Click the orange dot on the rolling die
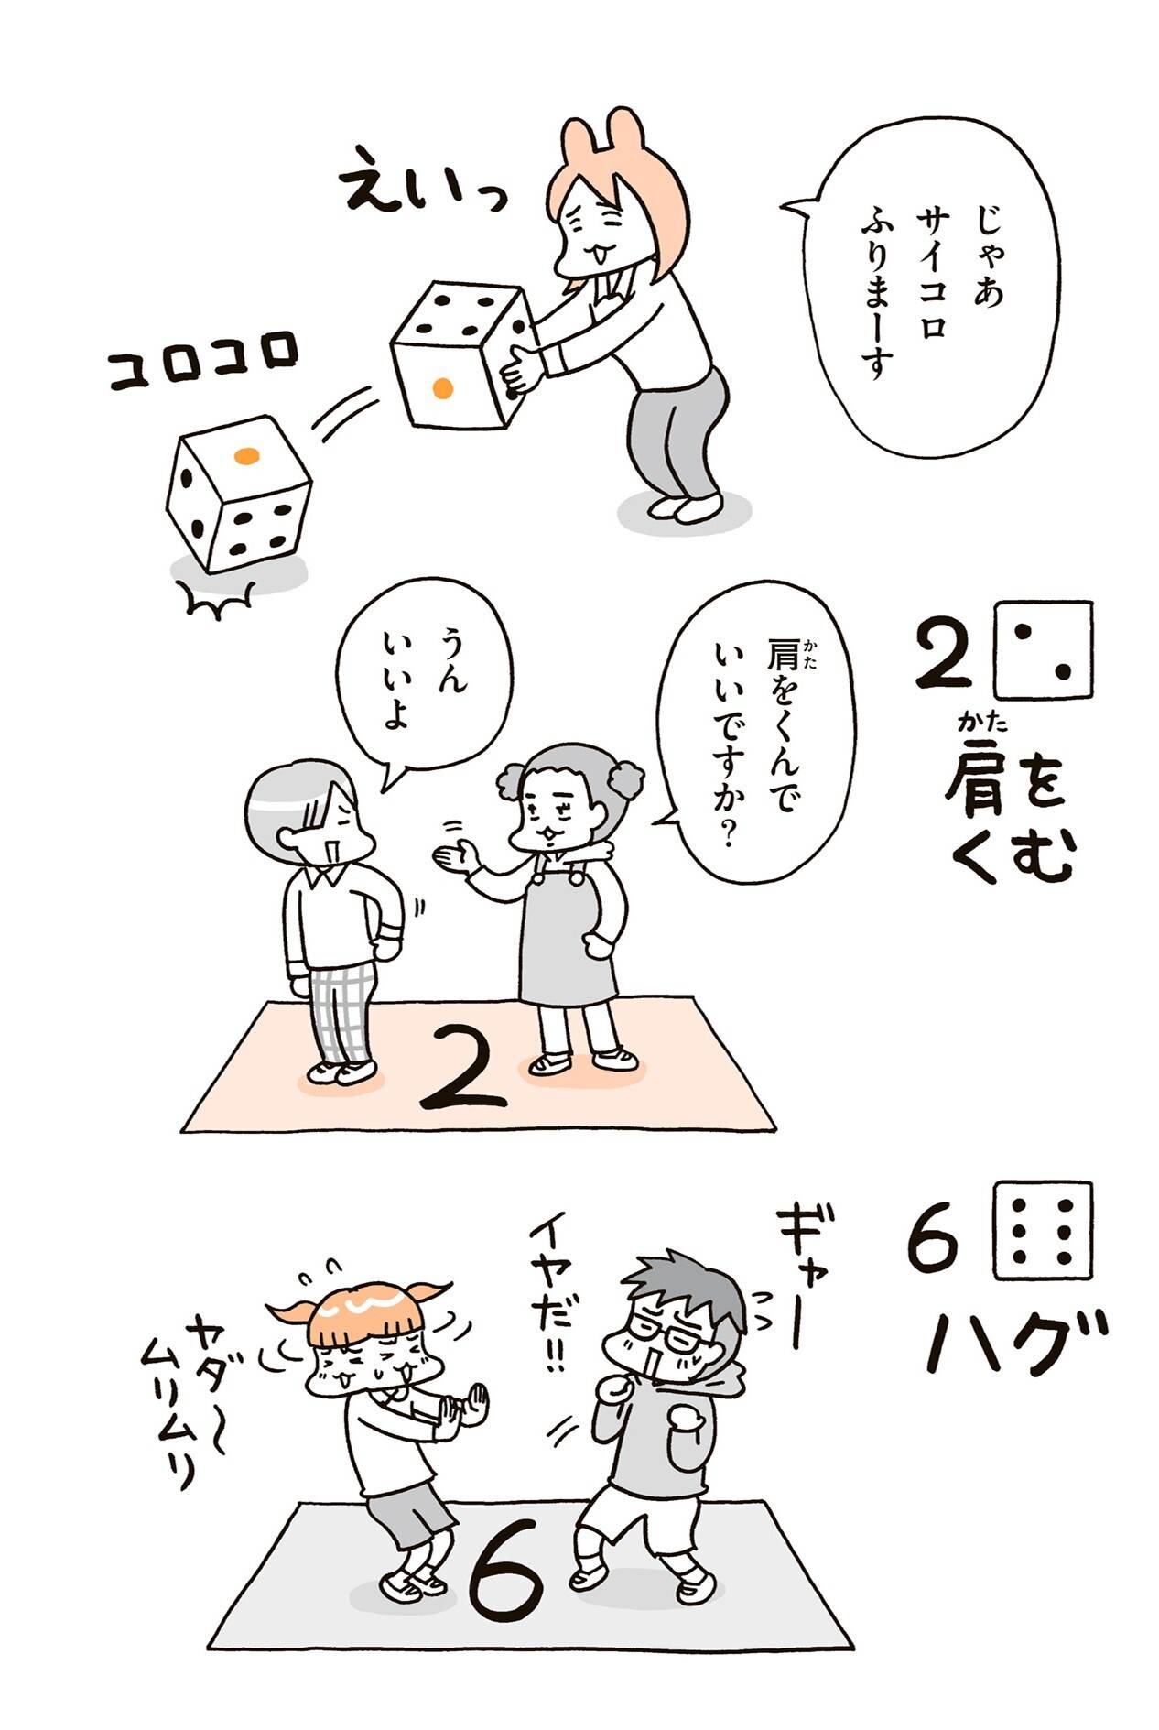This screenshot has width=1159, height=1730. tap(244, 455)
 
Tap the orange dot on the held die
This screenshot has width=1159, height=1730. tap(442, 388)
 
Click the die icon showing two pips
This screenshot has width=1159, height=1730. tap(1043, 648)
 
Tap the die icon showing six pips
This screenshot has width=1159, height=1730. tap(1043, 1229)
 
